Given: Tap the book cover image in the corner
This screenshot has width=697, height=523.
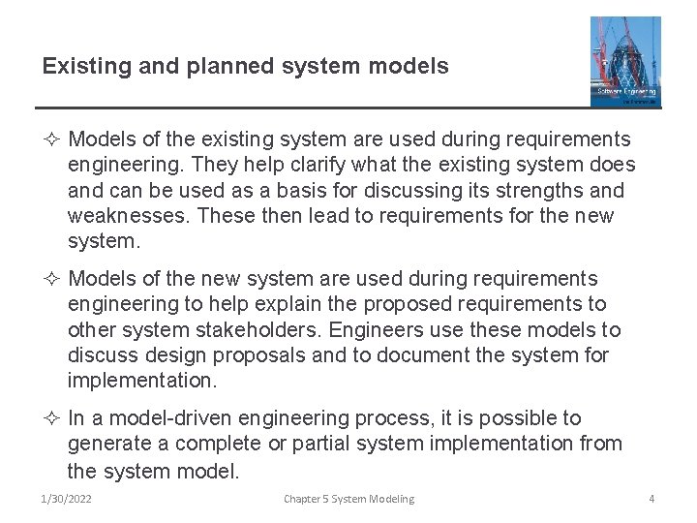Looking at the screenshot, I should coord(624,61).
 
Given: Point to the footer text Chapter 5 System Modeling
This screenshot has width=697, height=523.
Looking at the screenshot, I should coord(348,499).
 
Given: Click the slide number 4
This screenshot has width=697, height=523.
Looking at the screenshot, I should coord(652,499).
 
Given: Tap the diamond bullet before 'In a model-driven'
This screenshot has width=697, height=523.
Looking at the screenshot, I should coord(51,418).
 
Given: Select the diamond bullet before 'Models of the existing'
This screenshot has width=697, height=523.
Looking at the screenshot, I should coord(51,140).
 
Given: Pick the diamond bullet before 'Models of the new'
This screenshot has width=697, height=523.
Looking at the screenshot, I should coord(51,280).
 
